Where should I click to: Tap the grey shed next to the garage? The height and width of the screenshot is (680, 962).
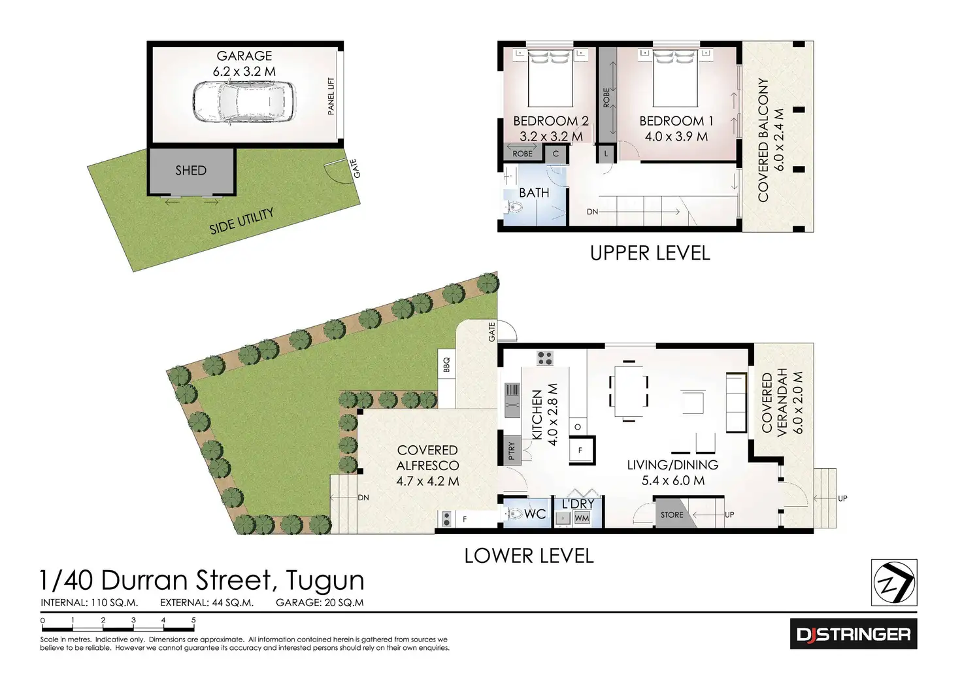pos(191,171)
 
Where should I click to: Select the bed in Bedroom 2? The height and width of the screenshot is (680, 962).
pos(550,78)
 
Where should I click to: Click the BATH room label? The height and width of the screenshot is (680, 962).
pos(534,193)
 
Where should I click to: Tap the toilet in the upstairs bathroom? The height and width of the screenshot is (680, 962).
pos(515,209)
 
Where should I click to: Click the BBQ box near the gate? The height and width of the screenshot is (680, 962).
pos(447,365)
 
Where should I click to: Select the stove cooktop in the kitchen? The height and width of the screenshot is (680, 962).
pos(545,358)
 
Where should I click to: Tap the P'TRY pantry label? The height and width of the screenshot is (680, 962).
pos(512,451)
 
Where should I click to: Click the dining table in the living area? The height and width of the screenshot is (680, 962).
pos(629,391)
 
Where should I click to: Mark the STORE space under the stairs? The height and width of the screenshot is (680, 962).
pos(672,515)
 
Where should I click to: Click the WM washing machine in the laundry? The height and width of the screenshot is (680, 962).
pos(582,518)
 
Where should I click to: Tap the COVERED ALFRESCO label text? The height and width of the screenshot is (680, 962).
pos(428,458)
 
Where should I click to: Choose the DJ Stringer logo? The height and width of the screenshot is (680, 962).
pos(853,634)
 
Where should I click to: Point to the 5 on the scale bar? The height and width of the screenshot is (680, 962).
pos(193,620)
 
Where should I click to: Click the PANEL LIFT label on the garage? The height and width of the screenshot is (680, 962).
pos(331,96)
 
